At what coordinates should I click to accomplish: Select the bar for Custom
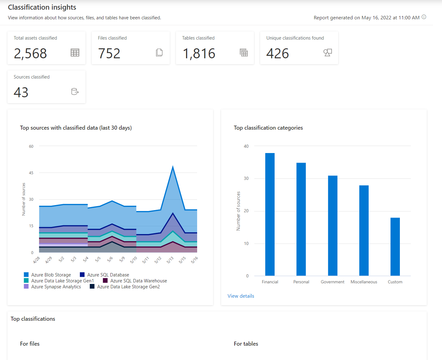coord(395,247)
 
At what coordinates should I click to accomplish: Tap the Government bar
coord(333,226)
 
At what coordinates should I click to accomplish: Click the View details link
coord(241,296)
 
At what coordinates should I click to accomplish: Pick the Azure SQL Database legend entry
coord(104,275)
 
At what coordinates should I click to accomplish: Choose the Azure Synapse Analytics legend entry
coord(52,287)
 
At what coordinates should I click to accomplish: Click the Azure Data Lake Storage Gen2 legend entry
coord(125,287)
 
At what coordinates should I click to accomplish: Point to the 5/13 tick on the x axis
coord(170,260)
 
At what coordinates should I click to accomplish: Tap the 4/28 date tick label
coord(36,260)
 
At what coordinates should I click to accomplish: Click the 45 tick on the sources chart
coord(31,173)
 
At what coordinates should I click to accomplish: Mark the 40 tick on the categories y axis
coord(246,146)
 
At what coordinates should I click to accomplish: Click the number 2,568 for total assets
coord(30,54)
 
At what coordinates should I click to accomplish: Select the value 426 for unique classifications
coord(278,54)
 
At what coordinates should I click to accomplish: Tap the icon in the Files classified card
coord(159,53)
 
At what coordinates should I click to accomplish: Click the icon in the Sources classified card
coord(75,92)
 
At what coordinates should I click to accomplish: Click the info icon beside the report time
coord(424,17)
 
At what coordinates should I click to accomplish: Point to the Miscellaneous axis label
coord(364,282)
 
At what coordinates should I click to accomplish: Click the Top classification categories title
coord(268,128)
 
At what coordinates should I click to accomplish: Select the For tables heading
coord(246,344)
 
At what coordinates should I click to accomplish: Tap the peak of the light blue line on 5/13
coord(173,166)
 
